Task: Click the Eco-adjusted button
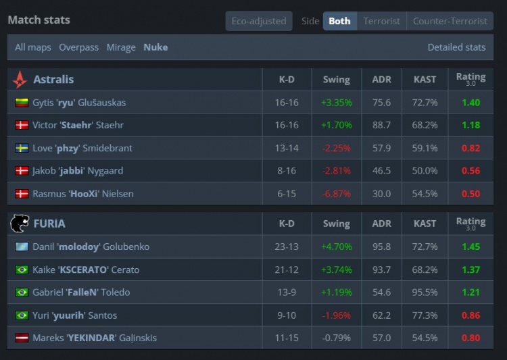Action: click(x=259, y=21)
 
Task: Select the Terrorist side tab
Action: click(x=381, y=21)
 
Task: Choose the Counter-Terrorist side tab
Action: click(x=450, y=21)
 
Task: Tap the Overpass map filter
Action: click(x=78, y=47)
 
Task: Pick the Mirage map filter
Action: click(x=121, y=47)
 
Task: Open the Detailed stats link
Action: click(x=456, y=47)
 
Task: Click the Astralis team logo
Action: click(x=20, y=80)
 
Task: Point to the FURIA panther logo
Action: click(x=20, y=224)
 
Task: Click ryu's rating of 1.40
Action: click(x=470, y=103)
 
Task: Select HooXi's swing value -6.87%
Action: click(x=336, y=194)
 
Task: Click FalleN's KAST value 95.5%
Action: click(x=425, y=292)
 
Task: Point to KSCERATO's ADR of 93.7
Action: click(x=381, y=269)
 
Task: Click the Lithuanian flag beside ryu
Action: click(x=22, y=103)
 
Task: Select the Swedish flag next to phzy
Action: click(x=22, y=148)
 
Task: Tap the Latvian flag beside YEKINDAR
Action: click(x=22, y=338)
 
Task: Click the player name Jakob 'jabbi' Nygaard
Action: click(x=78, y=171)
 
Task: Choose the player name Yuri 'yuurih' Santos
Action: click(x=74, y=315)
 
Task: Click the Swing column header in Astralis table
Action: click(x=336, y=80)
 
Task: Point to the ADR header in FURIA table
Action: click(x=381, y=224)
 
